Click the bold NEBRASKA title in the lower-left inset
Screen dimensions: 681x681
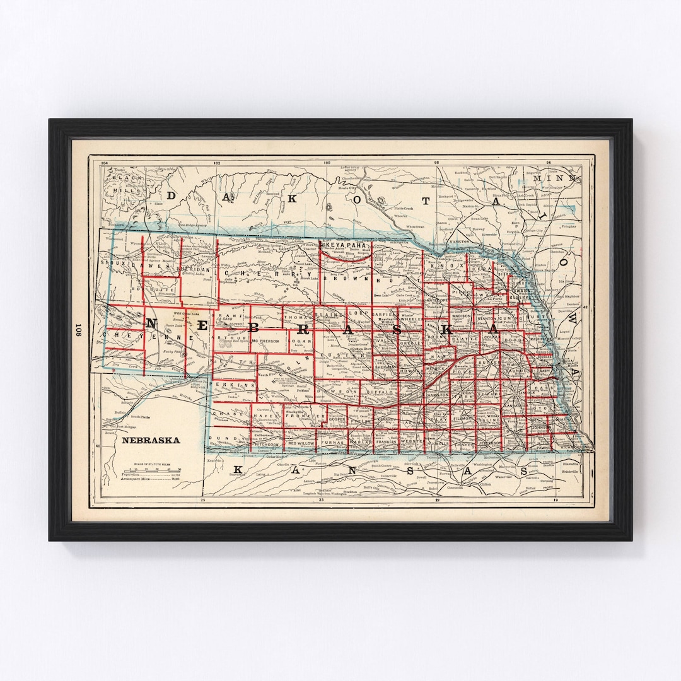click(150, 440)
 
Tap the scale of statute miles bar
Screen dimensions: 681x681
click(154, 470)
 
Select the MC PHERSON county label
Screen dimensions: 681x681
click(264, 342)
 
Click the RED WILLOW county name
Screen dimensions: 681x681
click(301, 444)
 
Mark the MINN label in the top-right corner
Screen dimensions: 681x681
click(547, 178)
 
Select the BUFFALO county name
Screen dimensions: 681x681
click(379, 391)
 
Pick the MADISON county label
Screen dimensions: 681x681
click(461, 317)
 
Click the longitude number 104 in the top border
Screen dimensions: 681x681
click(104, 163)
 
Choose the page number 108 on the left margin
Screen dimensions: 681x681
click(79, 330)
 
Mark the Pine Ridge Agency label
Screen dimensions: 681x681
click(192, 224)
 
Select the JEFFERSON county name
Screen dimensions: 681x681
click(488, 443)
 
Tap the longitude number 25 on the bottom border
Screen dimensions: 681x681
click(203, 501)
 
